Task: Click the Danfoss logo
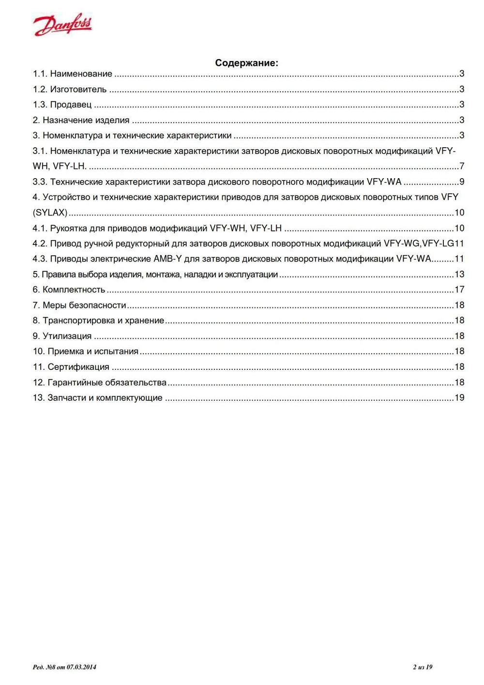[x=63, y=24]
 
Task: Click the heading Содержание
[x=246, y=63]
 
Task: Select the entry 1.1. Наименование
[x=73, y=74]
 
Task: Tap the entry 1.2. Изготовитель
[x=70, y=90]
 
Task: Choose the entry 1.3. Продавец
[x=62, y=105]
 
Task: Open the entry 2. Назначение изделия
[x=81, y=121]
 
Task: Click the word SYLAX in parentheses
[x=50, y=213]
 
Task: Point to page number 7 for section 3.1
[x=462, y=167]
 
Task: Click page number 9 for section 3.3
[x=462, y=182]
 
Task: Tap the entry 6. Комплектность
[x=69, y=290]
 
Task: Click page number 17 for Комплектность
[x=459, y=290]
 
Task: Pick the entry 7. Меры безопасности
[x=79, y=305]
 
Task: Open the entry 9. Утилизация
[x=62, y=336]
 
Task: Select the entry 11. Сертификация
[x=71, y=367]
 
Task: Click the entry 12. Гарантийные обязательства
[x=100, y=382]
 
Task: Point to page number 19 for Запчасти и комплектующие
[x=459, y=398]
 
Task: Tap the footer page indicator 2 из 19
[x=423, y=667]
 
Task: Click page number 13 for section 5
[x=459, y=274]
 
